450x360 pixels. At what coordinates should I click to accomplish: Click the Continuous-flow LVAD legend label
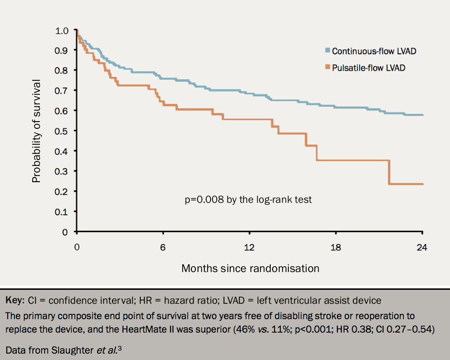pos(374,51)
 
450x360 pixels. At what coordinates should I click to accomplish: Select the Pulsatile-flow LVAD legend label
pos(368,68)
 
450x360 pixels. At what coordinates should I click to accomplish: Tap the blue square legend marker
pos(327,50)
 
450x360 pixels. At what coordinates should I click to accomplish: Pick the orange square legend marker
pos(327,67)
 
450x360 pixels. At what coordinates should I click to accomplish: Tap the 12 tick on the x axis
pos(249,248)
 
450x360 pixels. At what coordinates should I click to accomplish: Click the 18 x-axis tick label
pos(336,248)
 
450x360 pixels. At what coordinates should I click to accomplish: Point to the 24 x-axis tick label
pos(422,248)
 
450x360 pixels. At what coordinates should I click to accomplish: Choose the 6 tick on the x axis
pos(163,248)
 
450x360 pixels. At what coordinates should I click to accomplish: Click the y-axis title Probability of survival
pos(36,131)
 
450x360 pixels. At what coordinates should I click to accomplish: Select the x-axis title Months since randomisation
pos(250,268)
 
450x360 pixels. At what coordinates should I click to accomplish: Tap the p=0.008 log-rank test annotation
pos(248,199)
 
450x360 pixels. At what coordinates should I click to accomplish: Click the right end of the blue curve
pos(422,115)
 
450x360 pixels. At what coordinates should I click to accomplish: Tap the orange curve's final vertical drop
pos(389,172)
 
